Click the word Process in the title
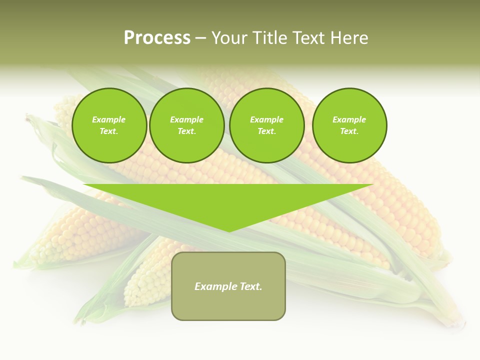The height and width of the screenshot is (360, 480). point(157,38)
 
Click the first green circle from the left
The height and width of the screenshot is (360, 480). point(109,125)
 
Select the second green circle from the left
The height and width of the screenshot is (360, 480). point(186,125)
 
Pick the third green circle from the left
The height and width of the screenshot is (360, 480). point(266,125)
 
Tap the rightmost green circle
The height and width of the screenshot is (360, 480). point(349,125)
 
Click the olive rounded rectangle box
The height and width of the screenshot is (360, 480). point(228,305)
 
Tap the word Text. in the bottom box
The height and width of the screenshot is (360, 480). point(251,286)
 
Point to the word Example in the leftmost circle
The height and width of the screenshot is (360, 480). point(109,120)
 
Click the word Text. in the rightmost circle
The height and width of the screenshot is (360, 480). point(349,131)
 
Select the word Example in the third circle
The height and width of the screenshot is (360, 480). point(266,120)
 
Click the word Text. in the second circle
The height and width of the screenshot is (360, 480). point(186,131)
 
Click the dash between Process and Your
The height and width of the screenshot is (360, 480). point(200,38)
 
